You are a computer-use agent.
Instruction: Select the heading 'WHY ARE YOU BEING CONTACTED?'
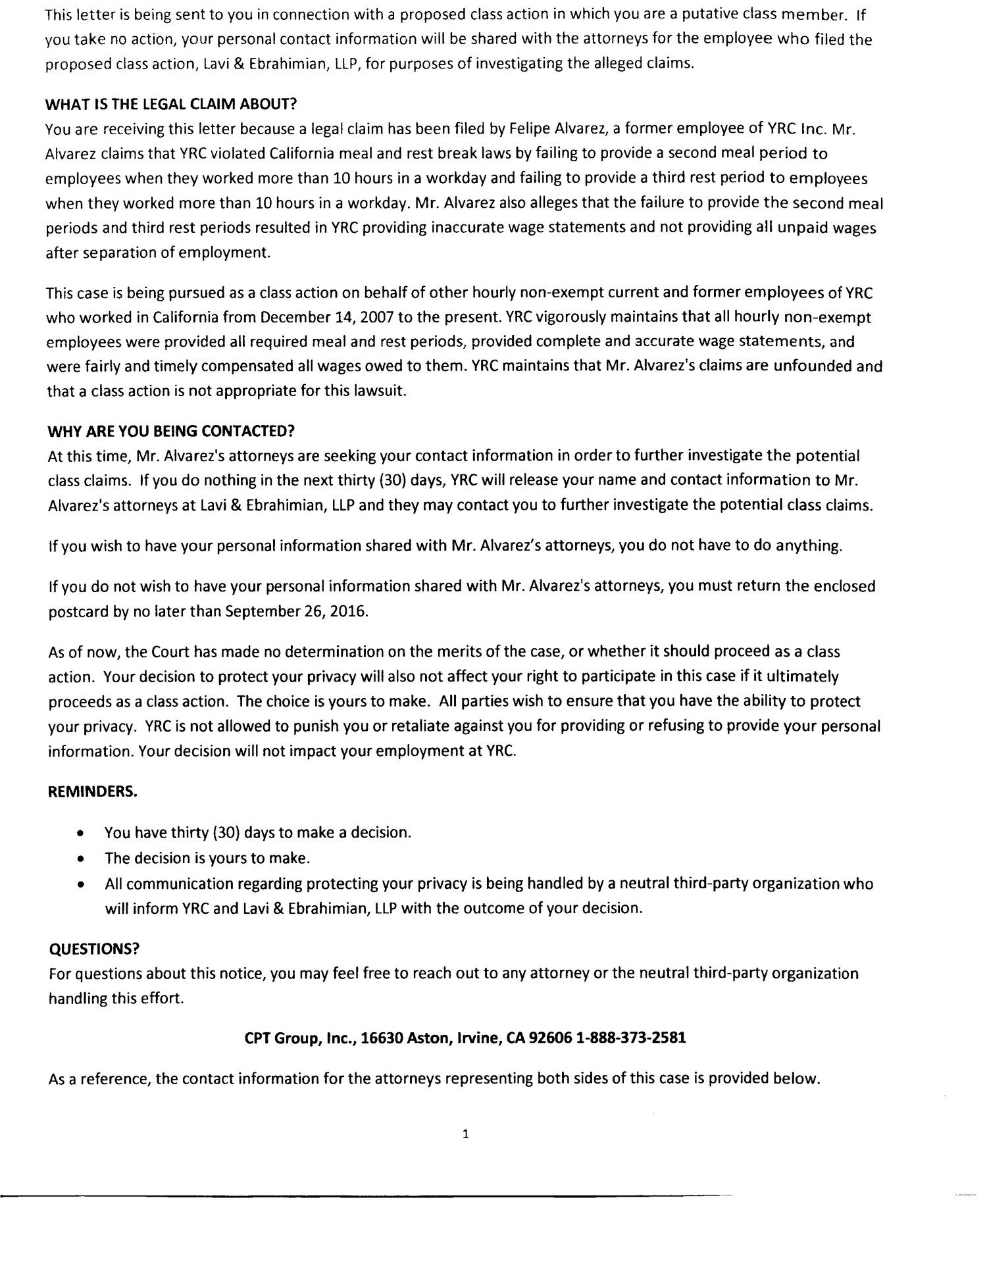pyautogui.click(x=171, y=431)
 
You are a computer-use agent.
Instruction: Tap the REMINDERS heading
pyautogui.click(x=93, y=791)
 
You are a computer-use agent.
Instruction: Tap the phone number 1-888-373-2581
pyautogui.click(x=631, y=1038)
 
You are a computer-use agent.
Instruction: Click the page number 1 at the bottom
pyautogui.click(x=465, y=1134)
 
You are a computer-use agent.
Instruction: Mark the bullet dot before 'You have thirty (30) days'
pyautogui.click(x=80, y=833)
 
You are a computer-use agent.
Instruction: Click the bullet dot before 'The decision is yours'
pyautogui.click(x=80, y=859)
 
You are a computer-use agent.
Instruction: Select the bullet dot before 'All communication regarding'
pyautogui.click(x=80, y=884)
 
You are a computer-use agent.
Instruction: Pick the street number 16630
pyautogui.click(x=382, y=1038)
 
